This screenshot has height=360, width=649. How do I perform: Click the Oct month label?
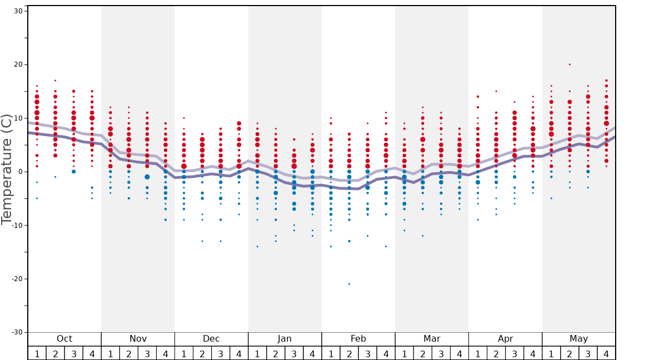[64, 339]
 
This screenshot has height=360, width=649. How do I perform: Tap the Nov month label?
[138, 339]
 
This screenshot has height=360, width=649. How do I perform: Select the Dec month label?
[211, 339]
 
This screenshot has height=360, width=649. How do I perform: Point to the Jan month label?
[284, 339]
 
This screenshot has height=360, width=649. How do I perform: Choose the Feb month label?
[358, 339]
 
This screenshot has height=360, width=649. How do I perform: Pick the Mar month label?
[432, 339]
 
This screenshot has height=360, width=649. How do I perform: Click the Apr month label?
[505, 339]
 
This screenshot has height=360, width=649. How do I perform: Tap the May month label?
[578, 339]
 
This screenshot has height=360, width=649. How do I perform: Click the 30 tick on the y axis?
[17, 11]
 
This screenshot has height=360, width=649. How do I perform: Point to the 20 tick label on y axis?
[17, 64]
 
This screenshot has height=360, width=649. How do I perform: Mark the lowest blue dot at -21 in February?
[349, 284]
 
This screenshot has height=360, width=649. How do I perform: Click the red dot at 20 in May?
[570, 64]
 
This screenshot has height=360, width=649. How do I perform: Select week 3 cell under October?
[73, 353]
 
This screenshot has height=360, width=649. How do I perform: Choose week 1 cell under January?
[257, 353]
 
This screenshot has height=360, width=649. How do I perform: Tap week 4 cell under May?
[606, 353]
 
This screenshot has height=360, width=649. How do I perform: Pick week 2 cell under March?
[422, 353]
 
